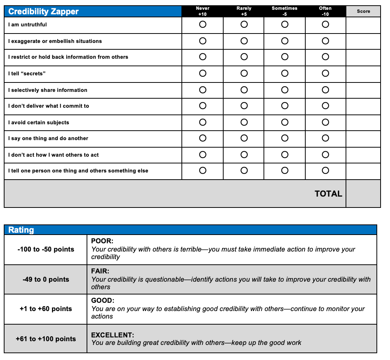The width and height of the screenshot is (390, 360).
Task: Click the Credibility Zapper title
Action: [43, 12]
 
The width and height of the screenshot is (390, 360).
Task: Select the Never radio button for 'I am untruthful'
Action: [203, 24]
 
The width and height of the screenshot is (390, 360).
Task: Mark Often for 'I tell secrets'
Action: [325, 73]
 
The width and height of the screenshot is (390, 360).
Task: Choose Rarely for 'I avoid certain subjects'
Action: [244, 122]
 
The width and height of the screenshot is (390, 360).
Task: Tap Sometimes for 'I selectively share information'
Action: [285, 90]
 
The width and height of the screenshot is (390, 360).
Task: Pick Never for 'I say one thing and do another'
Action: [203, 138]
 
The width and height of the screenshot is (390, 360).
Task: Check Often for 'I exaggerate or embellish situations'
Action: [325, 41]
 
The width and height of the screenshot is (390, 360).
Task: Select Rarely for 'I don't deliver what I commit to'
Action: [244, 106]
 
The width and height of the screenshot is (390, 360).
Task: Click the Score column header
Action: [363, 11]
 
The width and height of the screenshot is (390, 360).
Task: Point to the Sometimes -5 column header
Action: [285, 11]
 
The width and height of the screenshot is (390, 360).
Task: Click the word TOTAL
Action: [328, 194]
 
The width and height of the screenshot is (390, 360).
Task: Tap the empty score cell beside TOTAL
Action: [363, 194]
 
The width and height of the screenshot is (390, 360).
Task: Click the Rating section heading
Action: [21, 230]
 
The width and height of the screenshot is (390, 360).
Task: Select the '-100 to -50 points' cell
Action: [46, 249]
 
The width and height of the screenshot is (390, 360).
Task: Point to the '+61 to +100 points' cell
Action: [46, 339]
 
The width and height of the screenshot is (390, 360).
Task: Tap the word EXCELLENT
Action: [113, 335]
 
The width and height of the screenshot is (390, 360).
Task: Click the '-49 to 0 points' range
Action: [46, 279]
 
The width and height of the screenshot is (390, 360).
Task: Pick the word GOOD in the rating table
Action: [102, 301]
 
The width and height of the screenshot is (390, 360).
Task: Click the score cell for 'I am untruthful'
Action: [363, 25]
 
